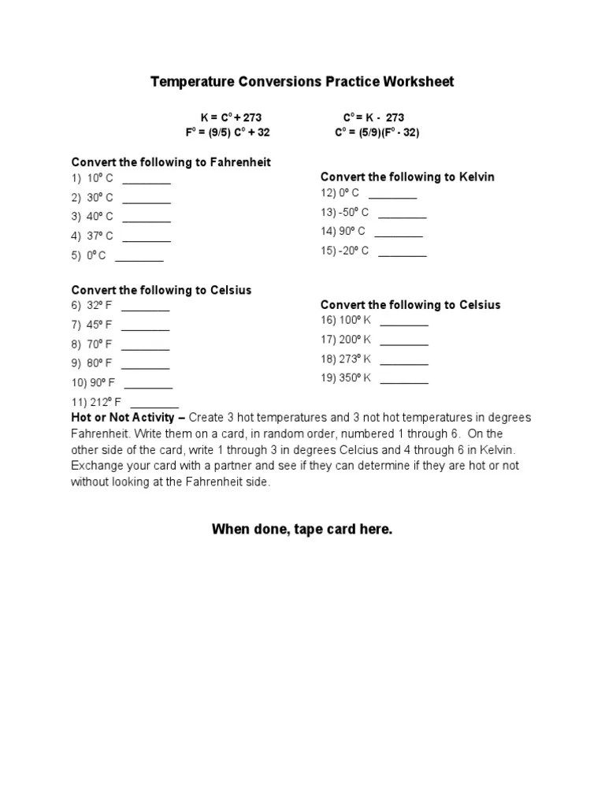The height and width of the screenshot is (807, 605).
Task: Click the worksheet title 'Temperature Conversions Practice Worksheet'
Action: pyautogui.click(x=302, y=82)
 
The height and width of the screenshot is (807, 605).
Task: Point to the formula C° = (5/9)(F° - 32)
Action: pyautogui.click(x=377, y=132)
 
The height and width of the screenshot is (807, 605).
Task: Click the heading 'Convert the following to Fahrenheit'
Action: pyautogui.click(x=171, y=162)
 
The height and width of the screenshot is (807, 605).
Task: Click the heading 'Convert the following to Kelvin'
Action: pyautogui.click(x=407, y=177)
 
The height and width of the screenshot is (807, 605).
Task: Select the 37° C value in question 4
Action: pyautogui.click(x=100, y=236)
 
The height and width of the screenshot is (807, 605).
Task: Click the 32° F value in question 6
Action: pyautogui.click(x=99, y=306)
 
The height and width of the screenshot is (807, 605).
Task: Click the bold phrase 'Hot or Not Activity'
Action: pyautogui.click(x=123, y=417)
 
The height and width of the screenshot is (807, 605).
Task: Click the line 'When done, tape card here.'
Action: pyautogui.click(x=302, y=530)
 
